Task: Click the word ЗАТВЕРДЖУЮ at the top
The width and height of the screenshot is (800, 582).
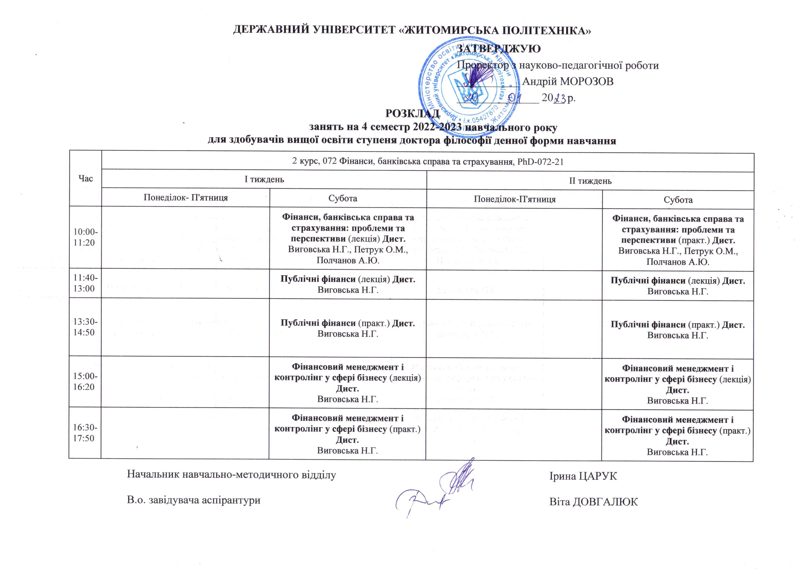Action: (x=498, y=49)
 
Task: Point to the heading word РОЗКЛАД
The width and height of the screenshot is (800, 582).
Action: (x=412, y=114)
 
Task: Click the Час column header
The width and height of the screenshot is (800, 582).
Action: (x=86, y=179)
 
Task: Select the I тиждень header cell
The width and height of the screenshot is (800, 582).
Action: (x=264, y=179)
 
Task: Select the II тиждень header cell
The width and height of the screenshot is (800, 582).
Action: (x=590, y=181)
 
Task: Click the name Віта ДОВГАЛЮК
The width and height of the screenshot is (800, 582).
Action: (x=594, y=501)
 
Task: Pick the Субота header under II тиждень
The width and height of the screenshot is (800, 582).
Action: (x=678, y=200)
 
